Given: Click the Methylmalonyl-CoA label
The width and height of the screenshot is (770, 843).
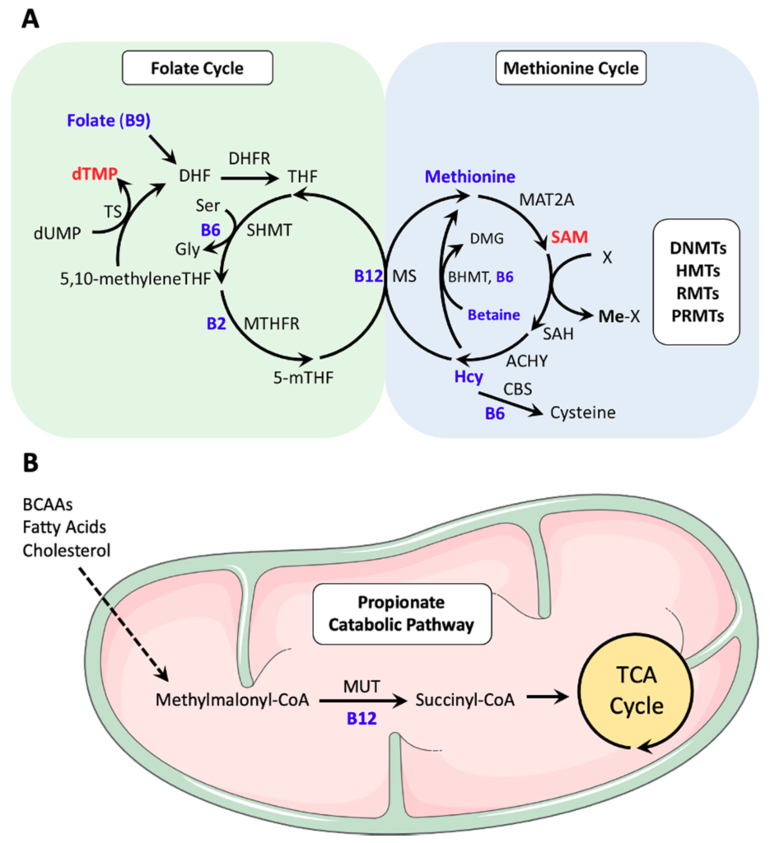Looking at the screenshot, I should (231, 701).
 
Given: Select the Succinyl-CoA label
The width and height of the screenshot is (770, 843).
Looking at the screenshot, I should (464, 701).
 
